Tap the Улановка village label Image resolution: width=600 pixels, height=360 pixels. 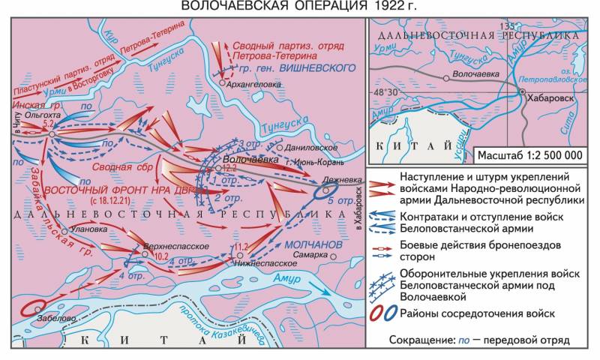coord(87,229)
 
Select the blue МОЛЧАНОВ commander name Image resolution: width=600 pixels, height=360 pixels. coord(313,244)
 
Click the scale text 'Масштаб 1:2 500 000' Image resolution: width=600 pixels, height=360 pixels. coord(529,155)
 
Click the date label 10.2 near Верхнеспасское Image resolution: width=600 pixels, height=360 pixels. coord(161,255)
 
